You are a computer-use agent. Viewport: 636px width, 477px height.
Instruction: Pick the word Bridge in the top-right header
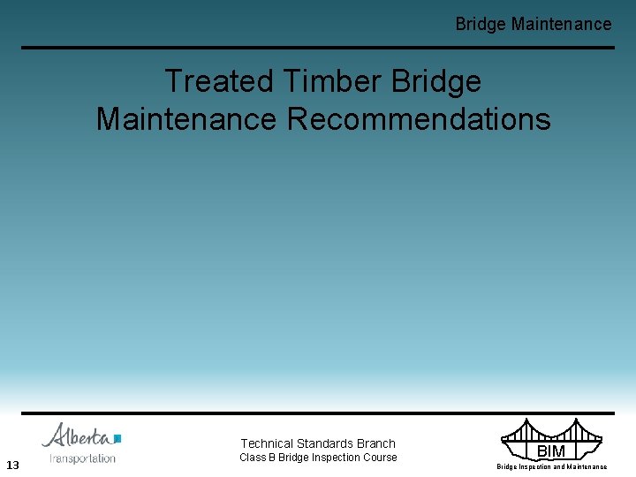tap(481, 24)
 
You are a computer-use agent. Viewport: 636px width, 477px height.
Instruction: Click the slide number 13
tap(12, 465)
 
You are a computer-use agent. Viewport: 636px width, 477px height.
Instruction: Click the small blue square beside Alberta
tap(117, 437)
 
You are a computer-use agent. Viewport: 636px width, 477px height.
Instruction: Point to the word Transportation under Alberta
tap(82, 458)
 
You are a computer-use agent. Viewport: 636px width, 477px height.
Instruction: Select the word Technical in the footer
tap(268, 443)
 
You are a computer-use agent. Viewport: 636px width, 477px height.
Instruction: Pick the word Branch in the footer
tap(376, 443)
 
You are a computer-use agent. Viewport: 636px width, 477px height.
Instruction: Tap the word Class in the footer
tap(253, 458)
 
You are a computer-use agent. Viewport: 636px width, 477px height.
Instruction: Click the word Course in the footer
tap(380, 458)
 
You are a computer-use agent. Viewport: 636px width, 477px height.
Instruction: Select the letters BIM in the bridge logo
tap(550, 451)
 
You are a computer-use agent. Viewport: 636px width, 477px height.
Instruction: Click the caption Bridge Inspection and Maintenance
tap(551, 466)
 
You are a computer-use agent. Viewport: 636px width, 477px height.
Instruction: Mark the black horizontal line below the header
tap(318, 48)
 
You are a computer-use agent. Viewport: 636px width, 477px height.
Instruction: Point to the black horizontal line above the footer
tap(318, 413)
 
